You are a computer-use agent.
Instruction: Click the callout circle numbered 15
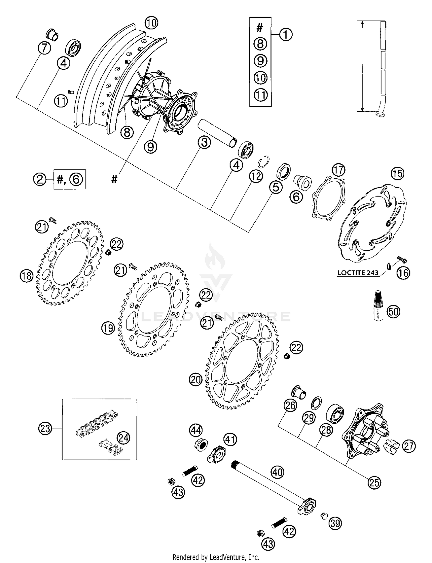coord(397,173)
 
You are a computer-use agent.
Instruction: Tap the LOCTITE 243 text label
coord(358,273)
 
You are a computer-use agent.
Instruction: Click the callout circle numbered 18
coord(27,276)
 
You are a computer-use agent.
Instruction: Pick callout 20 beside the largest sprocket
coord(196,380)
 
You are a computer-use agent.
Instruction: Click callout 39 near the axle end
coord(335,523)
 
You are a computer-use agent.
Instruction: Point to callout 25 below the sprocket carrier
coord(374,482)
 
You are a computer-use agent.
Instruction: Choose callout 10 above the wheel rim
coord(151,22)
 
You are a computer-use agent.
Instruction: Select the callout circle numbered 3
coord(204,143)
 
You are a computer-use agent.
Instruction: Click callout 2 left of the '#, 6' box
coord(40,179)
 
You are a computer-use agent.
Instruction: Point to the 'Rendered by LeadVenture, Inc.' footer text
coord(216,557)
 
